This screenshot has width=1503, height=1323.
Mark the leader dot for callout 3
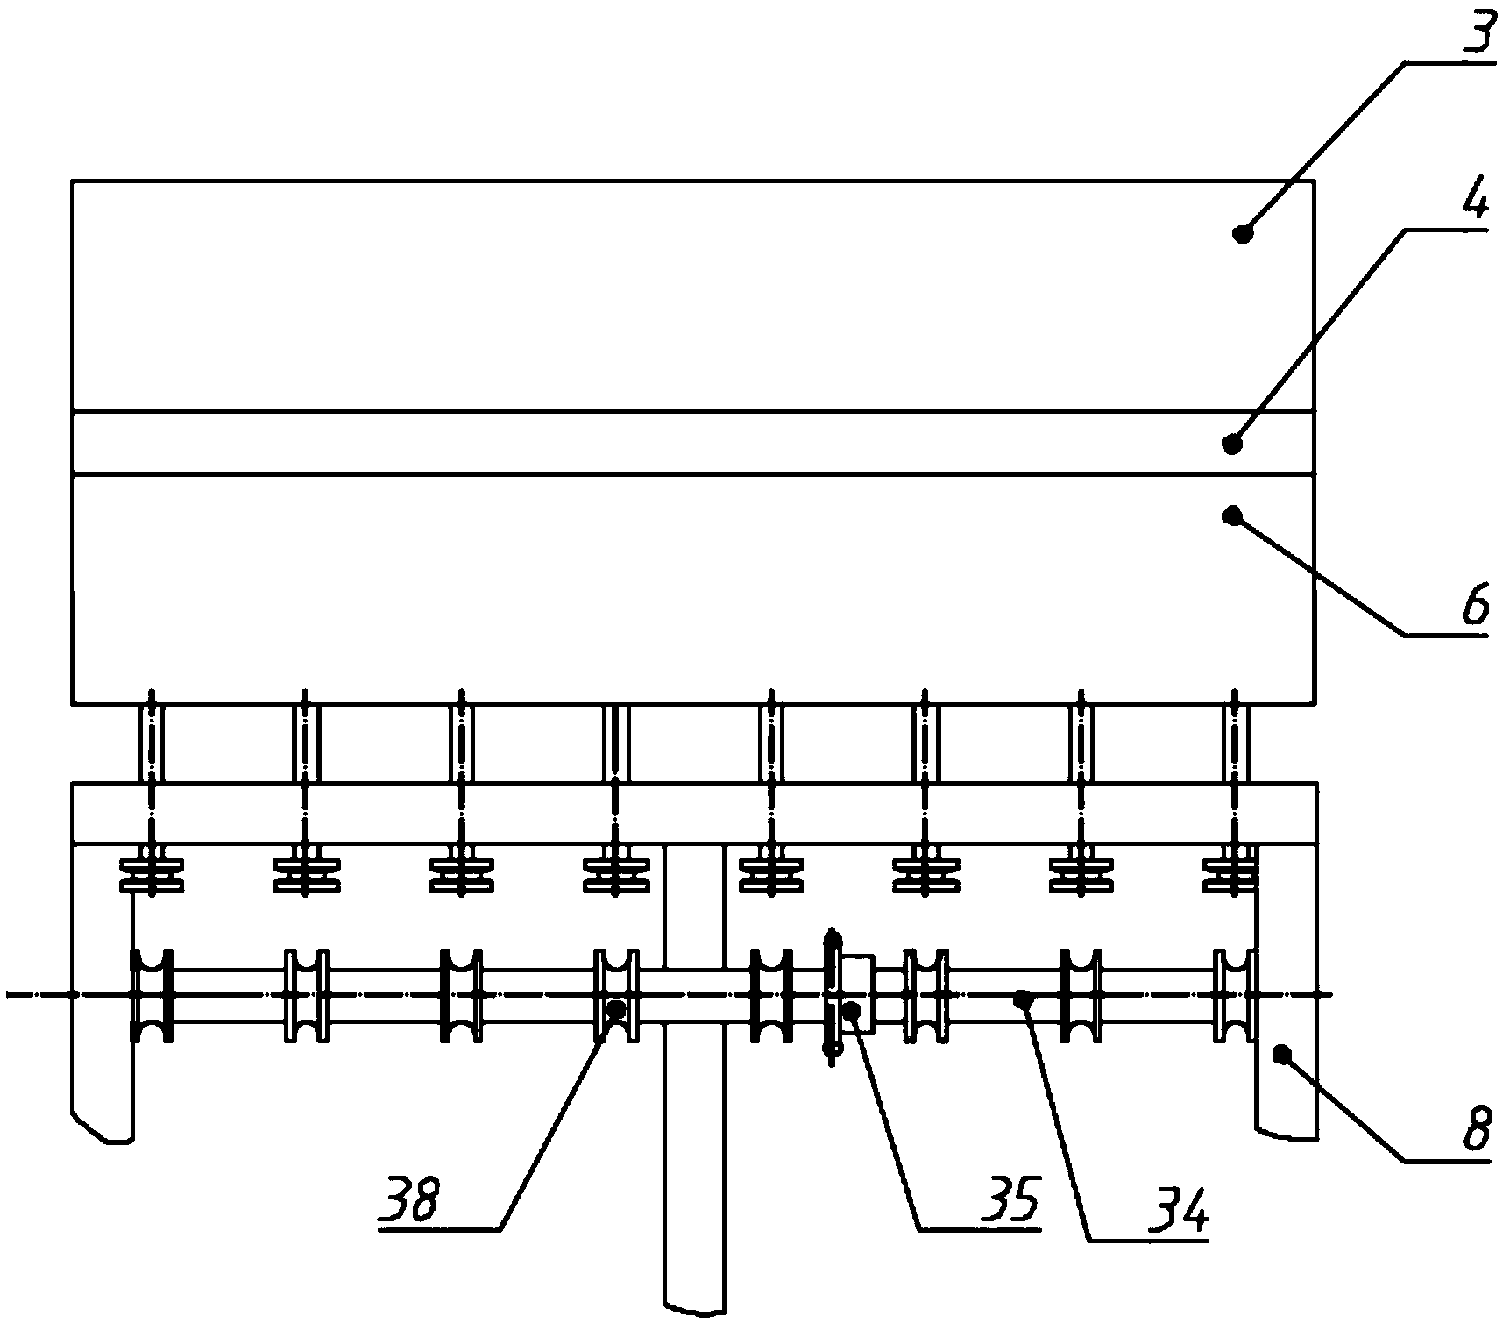(1241, 233)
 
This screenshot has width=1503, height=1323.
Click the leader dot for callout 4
(1232, 444)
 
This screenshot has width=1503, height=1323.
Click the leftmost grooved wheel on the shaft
(152, 995)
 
